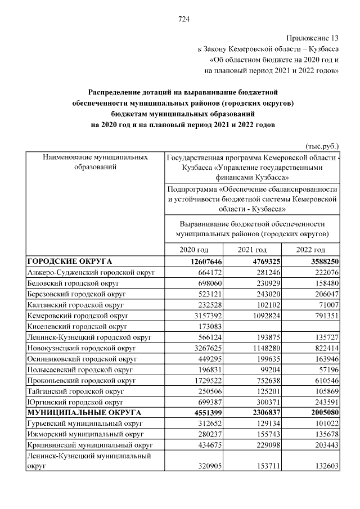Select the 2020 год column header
pos(193,250)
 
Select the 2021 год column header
pos(252,250)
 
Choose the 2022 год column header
pos(311,250)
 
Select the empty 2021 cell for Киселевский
pos(252,326)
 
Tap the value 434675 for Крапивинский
pos(207,444)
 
